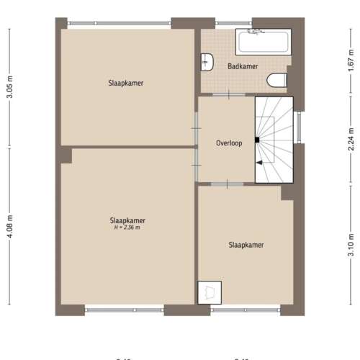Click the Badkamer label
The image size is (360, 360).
pos(243,66)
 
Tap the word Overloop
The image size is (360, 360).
pos(229,143)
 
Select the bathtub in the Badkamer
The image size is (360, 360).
pos(263,42)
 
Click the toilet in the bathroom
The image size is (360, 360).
pos(276,80)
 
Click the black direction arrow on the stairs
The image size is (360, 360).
pos(259,163)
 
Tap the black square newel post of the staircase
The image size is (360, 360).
pos(256,139)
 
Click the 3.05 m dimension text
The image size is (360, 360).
pos(9,86)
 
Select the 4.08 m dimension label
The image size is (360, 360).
pos(9,231)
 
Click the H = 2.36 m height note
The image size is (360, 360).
pos(127,228)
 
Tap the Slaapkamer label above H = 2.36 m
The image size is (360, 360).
pos(127,220)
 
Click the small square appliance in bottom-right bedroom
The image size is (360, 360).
pos(210,292)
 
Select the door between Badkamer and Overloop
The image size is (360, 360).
pos(228,95)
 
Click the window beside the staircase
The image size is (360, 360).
pos(298,130)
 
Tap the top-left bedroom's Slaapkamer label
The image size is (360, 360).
pos(126,83)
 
